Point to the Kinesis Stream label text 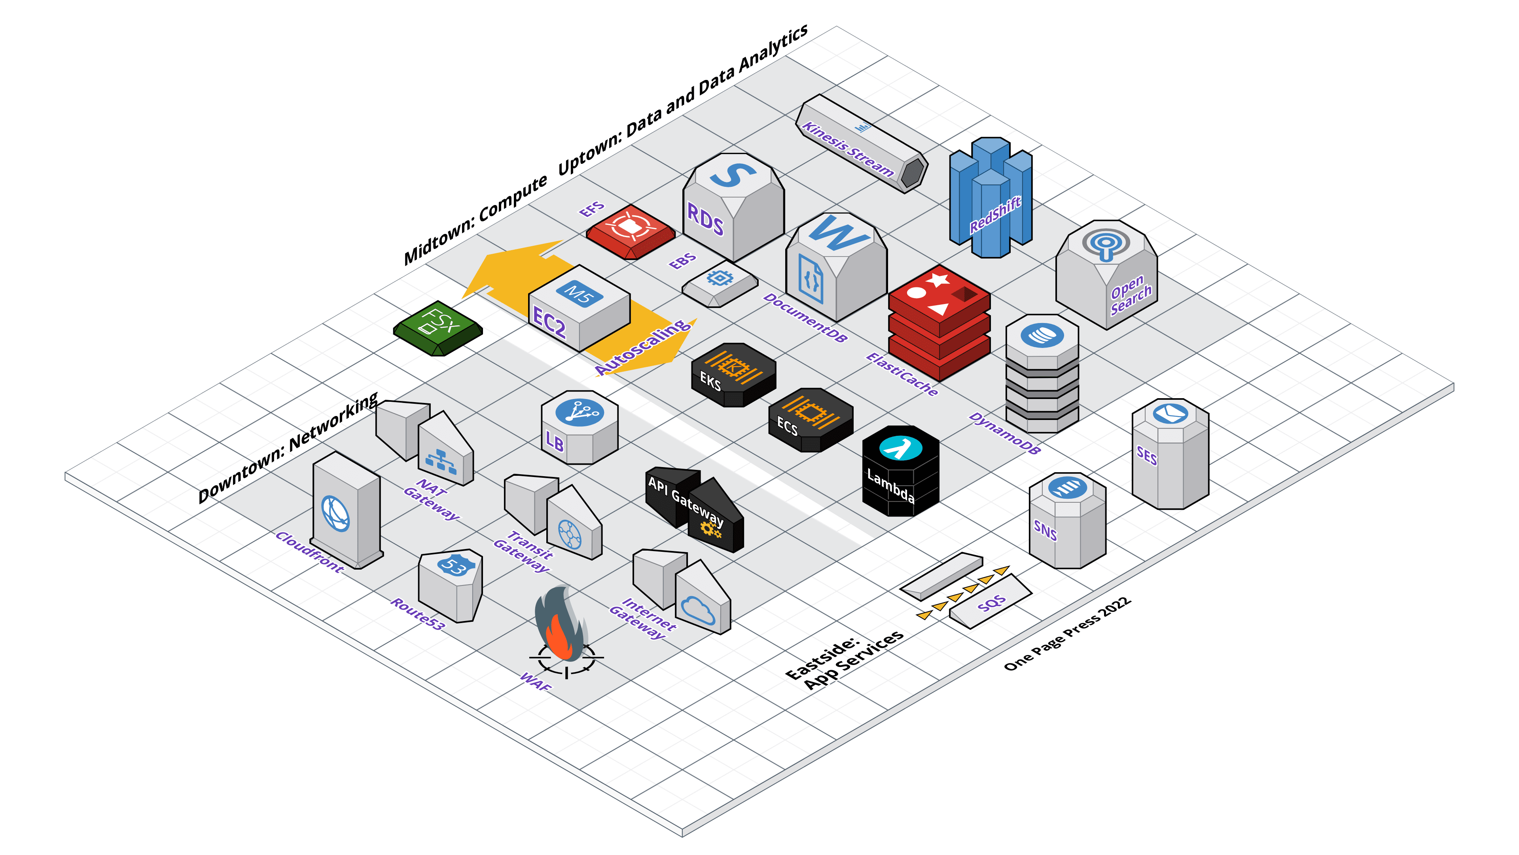coord(847,148)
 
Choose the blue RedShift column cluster coord(991,198)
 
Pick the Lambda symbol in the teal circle coord(900,448)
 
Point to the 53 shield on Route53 coord(454,566)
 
